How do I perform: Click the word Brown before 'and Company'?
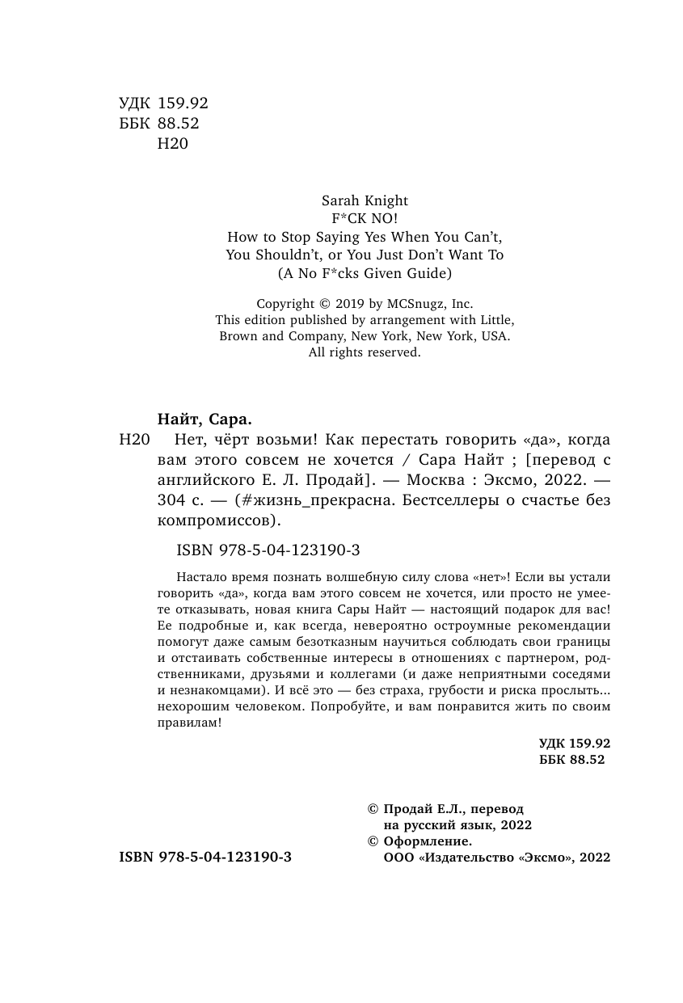click(x=240, y=335)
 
